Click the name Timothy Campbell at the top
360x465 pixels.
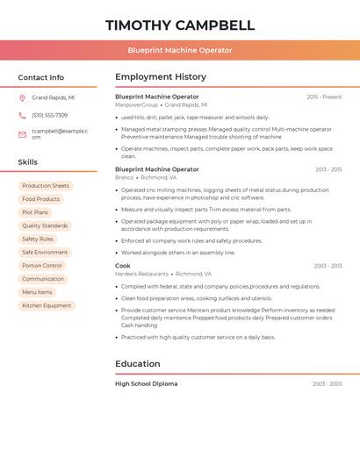click(x=180, y=25)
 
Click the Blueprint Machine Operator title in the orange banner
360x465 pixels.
click(x=180, y=51)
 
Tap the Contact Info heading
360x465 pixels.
click(x=41, y=77)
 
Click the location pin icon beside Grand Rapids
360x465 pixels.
click(x=22, y=98)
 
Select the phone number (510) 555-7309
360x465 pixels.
click(x=50, y=115)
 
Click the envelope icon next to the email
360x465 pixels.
click(x=22, y=134)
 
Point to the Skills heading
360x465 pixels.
click(x=28, y=162)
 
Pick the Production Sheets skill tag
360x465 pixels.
click(x=46, y=186)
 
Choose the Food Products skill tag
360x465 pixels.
click(x=41, y=199)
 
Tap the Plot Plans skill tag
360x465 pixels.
click(x=35, y=212)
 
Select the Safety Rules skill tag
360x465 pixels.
click(x=38, y=239)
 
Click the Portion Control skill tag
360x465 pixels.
click(x=42, y=266)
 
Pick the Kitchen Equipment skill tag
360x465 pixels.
click(x=47, y=305)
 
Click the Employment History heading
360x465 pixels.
click(x=161, y=76)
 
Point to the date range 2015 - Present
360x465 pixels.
click(x=324, y=97)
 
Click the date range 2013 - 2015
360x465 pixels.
click(x=328, y=169)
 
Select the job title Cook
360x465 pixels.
click(x=123, y=266)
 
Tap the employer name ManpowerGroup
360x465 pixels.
click(x=137, y=104)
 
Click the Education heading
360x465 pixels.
click(x=138, y=364)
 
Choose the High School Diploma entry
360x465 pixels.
click(x=147, y=384)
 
